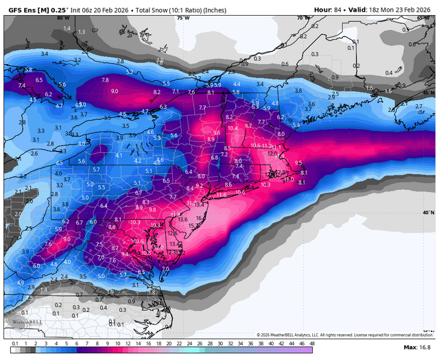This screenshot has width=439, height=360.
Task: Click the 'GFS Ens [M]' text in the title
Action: click(x=27, y=10)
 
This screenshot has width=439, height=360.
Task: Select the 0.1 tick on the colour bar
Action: click(x=15, y=343)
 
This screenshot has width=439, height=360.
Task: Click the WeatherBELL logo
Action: click(x=21, y=322)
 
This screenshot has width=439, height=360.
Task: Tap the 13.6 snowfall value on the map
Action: click(x=182, y=219)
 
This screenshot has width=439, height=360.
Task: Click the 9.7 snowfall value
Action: click(x=248, y=125)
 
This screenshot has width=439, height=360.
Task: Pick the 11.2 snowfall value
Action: click(x=268, y=146)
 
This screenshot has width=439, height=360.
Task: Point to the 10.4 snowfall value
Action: click(x=232, y=128)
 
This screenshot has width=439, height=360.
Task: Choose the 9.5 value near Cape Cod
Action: click(x=298, y=163)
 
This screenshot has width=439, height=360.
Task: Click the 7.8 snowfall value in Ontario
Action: click(x=105, y=80)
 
